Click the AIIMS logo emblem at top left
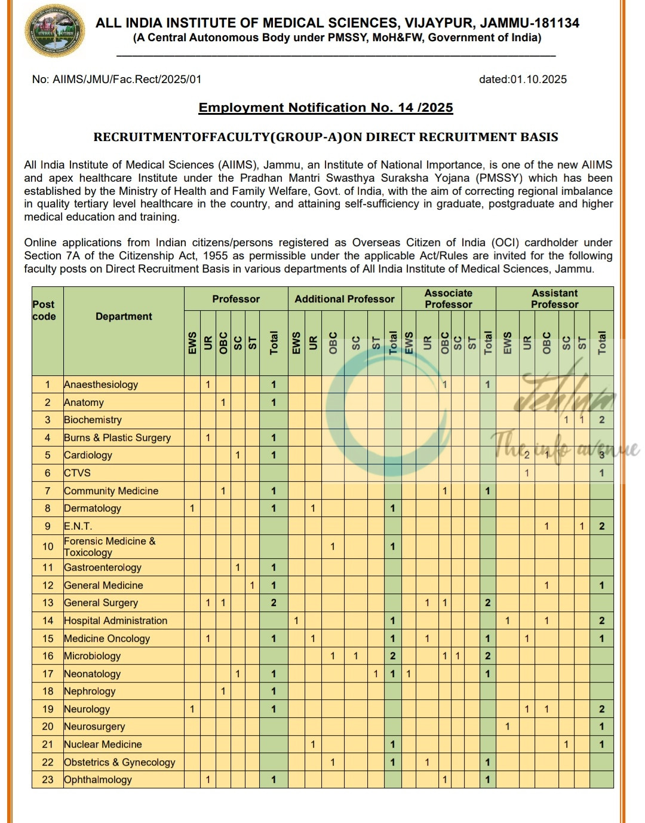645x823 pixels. [54, 30]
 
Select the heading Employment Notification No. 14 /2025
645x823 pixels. [325, 108]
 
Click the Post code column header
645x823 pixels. [44, 310]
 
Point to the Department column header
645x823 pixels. [124, 316]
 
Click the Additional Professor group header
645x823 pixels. [345, 299]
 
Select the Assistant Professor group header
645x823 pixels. [554, 299]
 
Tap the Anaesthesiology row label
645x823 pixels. [101, 384]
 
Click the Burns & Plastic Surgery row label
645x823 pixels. [117, 437]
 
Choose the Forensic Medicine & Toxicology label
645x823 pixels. [109, 546]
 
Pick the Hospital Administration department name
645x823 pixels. [115, 620]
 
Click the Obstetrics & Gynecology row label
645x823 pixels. [119, 762]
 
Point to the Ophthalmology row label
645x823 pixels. [98, 779]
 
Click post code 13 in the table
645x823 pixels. [48, 602]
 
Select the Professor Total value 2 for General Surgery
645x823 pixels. [274, 602]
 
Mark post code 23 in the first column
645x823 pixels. [48, 779]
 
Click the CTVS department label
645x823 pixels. [78, 473]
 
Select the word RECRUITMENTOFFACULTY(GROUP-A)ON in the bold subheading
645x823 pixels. [228, 137]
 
